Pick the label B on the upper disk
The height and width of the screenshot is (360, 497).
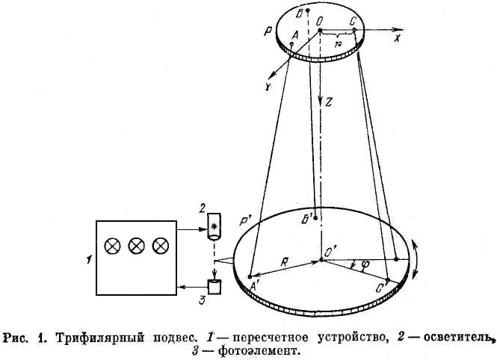[300, 13]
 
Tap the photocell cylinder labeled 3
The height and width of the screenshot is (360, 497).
[215, 286]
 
